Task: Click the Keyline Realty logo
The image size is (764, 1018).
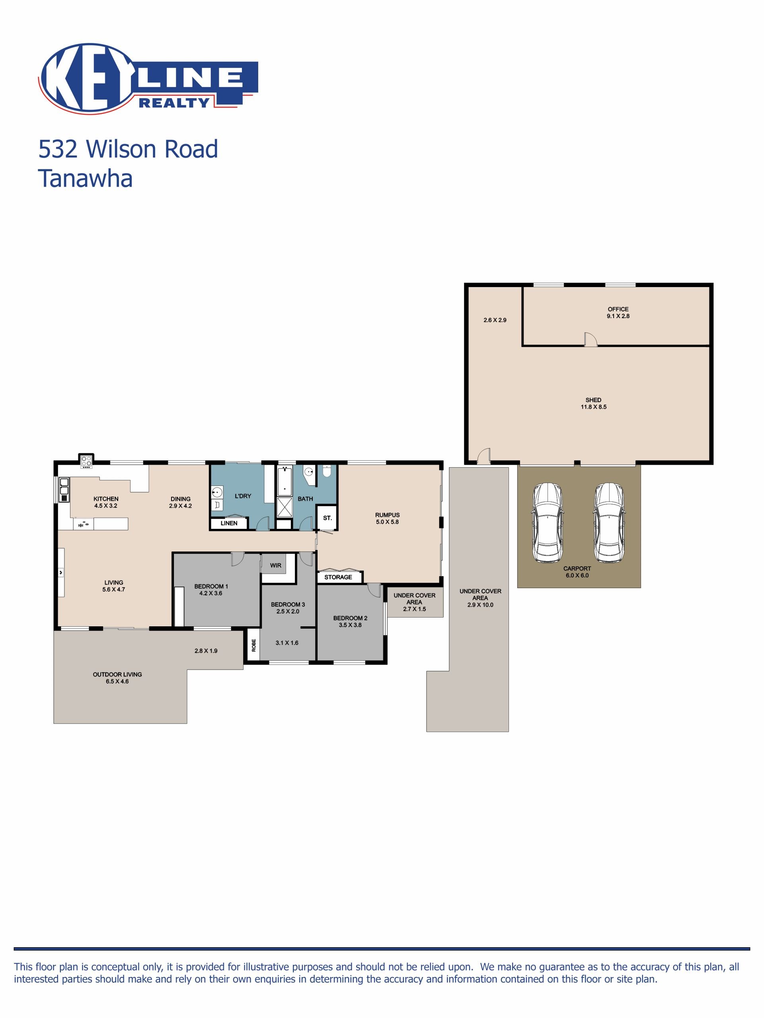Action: tap(148, 78)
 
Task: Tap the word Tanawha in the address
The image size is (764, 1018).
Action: tap(85, 179)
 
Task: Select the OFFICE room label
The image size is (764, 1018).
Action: tap(618, 309)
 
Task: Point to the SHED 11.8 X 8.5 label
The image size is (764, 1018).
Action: tap(594, 404)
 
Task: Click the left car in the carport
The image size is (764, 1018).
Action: tap(547, 523)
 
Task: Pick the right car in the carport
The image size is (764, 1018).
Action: tap(609, 523)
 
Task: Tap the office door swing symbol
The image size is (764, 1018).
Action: tap(591, 339)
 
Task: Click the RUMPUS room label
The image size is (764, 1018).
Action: tap(387, 515)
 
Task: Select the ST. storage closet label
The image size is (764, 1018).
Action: tap(327, 518)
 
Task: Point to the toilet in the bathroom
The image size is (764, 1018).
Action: tap(327, 471)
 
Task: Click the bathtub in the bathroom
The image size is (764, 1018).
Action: tap(285, 481)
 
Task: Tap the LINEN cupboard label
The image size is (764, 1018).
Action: tap(229, 523)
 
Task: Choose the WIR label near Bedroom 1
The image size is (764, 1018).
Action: tap(275, 565)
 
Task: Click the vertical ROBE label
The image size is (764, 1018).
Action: tap(253, 645)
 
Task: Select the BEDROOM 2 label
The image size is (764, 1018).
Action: tap(351, 618)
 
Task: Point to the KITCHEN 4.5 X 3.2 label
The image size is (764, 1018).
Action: tap(106, 502)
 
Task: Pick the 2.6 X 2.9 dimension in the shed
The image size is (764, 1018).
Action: tap(495, 320)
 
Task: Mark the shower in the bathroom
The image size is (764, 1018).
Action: tap(285, 508)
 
